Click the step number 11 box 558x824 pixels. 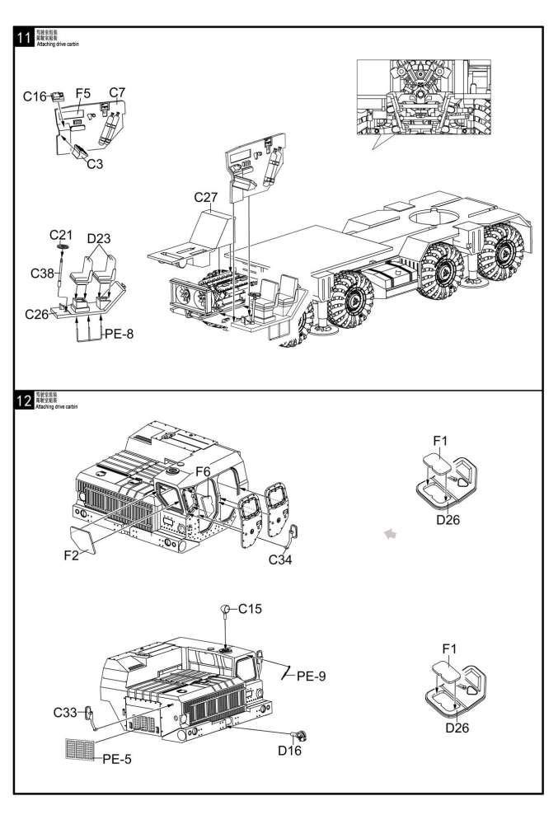point(24,38)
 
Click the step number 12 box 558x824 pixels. point(24,402)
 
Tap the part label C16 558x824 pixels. point(35,97)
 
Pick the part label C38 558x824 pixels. point(43,273)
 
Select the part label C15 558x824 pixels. point(251,609)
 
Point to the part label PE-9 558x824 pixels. point(311,676)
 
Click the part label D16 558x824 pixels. point(289,751)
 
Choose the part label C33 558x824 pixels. point(67,711)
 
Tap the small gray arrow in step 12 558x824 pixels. point(390,535)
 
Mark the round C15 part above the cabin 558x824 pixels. point(226,610)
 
